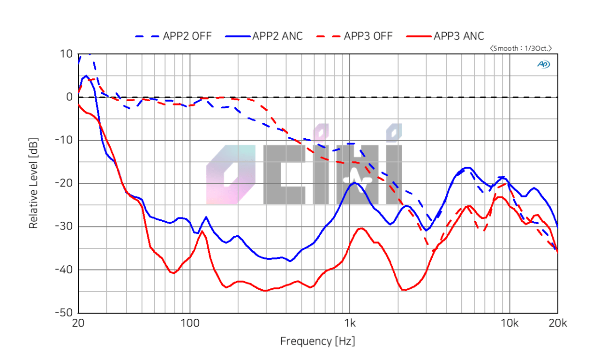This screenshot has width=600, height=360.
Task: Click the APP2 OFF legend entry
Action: (173, 36)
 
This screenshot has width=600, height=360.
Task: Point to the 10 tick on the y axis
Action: (66, 54)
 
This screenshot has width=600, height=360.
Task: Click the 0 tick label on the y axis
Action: (69, 97)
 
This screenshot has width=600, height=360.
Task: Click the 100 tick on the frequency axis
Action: (189, 323)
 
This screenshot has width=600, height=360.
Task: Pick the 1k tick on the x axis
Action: (350, 323)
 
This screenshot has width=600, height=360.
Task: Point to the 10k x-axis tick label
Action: (510, 323)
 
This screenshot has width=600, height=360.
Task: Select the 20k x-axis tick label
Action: (558, 323)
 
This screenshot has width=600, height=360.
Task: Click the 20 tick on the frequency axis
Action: (78, 323)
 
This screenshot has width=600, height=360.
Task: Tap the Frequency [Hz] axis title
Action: (317, 341)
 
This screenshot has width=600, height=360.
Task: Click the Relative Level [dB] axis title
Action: (33, 183)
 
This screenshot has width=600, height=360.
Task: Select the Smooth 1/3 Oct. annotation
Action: (521, 48)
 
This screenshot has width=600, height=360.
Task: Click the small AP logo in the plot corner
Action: (544, 64)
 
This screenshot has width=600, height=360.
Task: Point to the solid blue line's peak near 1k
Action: (355, 183)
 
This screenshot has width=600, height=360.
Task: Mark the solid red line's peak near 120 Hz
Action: (202, 231)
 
